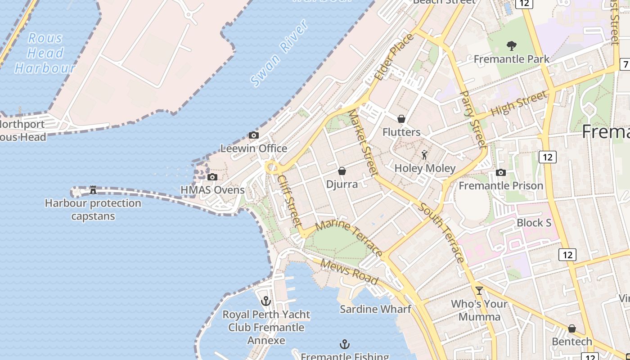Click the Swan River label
(279, 53)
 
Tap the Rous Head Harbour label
(44, 53)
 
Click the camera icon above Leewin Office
(254, 135)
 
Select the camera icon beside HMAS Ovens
(212, 177)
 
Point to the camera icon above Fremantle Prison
(500, 172)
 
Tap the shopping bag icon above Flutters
(401, 119)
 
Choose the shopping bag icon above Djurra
(342, 171)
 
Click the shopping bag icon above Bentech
(571, 328)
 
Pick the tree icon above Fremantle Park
(511, 45)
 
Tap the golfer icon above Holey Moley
(424, 155)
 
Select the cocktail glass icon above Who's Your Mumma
(479, 290)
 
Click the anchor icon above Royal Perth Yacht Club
(266, 301)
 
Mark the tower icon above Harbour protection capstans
(93, 189)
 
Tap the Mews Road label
(349, 271)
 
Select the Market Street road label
(363, 142)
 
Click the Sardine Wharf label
(375, 309)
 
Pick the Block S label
(534, 223)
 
